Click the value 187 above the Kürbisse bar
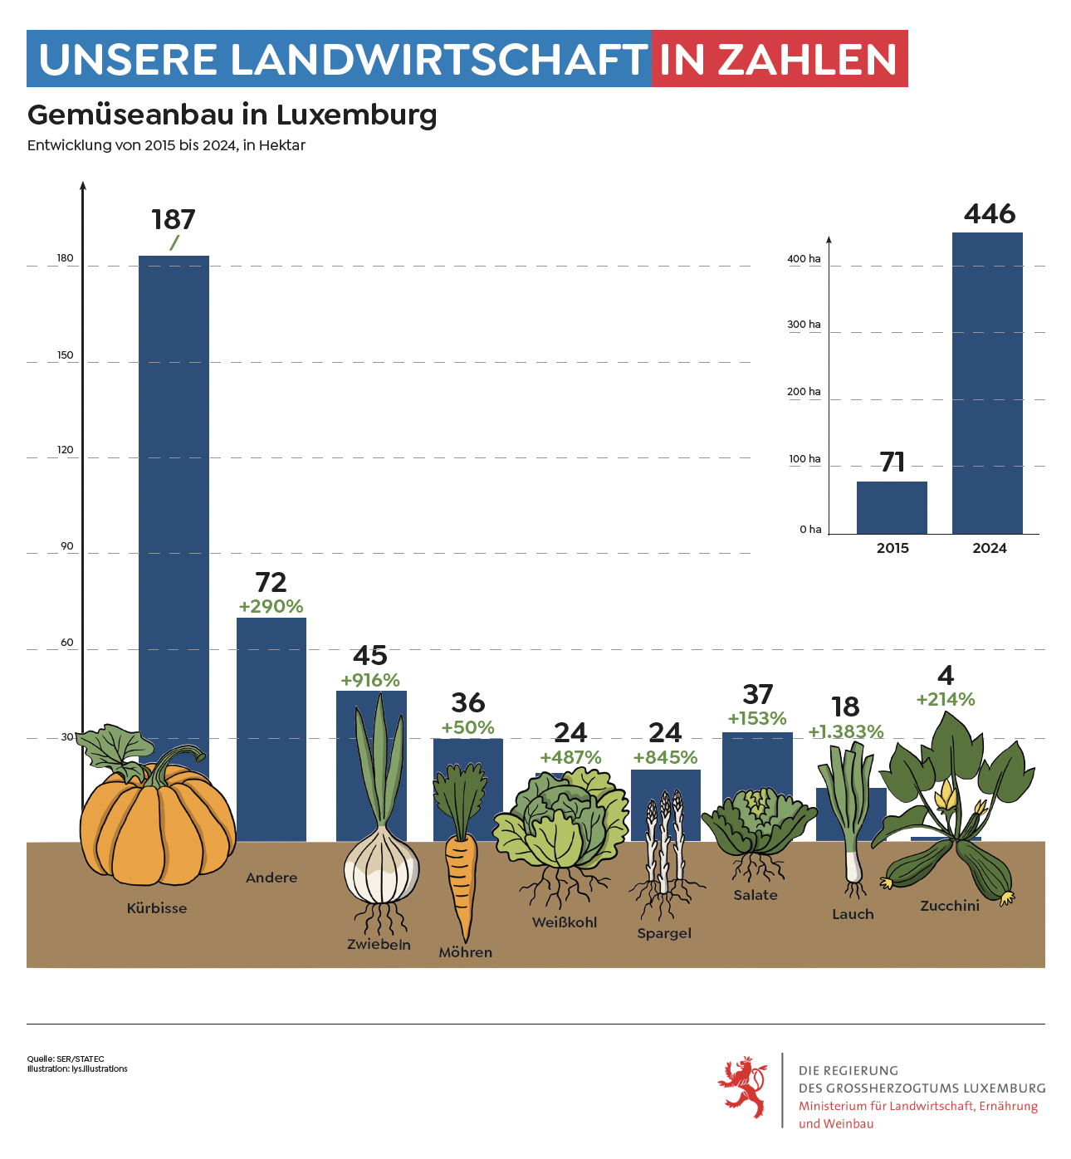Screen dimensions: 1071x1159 click(174, 219)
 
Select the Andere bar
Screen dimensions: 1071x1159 click(271, 730)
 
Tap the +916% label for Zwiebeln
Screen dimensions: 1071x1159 click(370, 680)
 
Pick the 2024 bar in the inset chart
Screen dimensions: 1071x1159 click(987, 383)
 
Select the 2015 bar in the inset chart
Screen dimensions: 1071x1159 click(891, 508)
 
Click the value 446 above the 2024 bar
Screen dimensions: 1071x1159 click(990, 213)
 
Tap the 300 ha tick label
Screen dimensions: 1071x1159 click(804, 325)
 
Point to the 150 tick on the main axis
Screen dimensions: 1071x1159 click(66, 355)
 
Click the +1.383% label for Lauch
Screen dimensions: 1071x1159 click(846, 731)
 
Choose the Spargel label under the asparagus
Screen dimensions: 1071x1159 click(664, 933)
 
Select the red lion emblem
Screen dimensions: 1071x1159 click(743, 1086)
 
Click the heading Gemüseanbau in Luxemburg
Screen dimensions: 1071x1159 click(232, 115)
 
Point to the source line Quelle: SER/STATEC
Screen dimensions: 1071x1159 click(66, 1059)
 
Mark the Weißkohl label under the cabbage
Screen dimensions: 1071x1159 click(565, 922)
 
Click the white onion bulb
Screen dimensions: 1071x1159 click(381, 864)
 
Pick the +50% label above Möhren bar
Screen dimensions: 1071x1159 click(467, 727)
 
